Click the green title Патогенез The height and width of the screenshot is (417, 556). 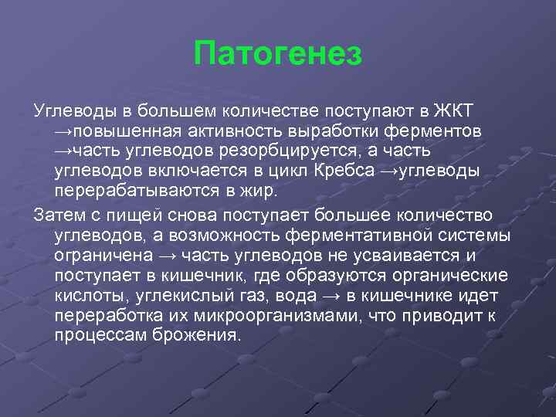(x=277, y=53)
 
